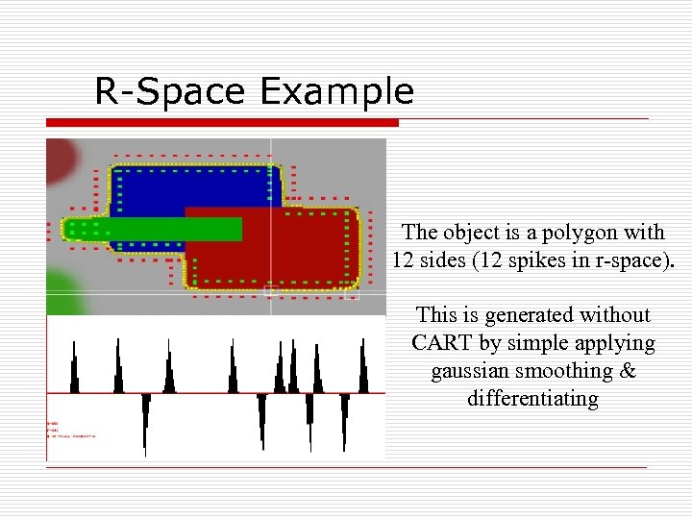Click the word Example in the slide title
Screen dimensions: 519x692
[336, 91]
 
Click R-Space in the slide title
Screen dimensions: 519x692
[171, 91]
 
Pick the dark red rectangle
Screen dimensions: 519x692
[288, 250]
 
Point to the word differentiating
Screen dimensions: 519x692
[532, 398]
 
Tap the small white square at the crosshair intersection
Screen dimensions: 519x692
[271, 290]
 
